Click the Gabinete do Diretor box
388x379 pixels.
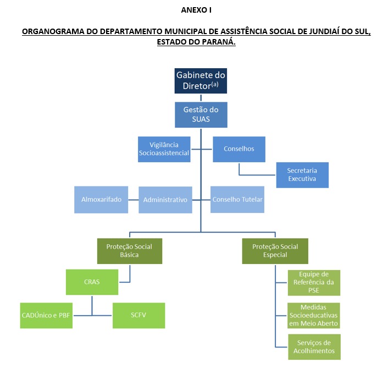[x=201, y=81]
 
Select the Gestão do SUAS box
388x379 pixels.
[x=201, y=115]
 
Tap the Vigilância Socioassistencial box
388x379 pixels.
[x=164, y=149]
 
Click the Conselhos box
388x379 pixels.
[x=239, y=149]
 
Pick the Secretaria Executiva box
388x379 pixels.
[x=302, y=175]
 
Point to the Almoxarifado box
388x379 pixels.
[x=101, y=200]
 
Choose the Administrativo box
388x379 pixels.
[x=165, y=200]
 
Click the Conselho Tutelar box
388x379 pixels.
[x=237, y=200]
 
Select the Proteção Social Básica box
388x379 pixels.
[x=130, y=251]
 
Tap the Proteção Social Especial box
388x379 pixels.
[x=275, y=251]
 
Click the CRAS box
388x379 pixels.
[x=92, y=282]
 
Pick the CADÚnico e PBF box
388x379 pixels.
[x=46, y=315]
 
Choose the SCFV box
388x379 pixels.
[x=139, y=315]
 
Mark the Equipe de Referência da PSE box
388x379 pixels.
[x=314, y=283]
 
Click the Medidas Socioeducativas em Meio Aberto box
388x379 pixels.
[x=314, y=315]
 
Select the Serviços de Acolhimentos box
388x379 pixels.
[x=314, y=347]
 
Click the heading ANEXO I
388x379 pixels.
[x=196, y=10]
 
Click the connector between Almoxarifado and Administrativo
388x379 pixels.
[x=134, y=200]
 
